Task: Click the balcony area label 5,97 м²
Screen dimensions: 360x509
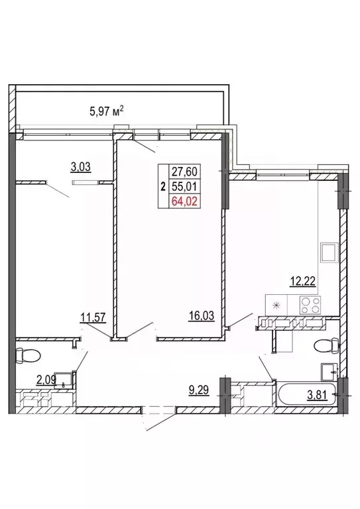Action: pyautogui.click(x=107, y=111)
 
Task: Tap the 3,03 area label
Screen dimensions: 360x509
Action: pyautogui.click(x=80, y=167)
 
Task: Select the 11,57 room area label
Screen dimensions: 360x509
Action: pyautogui.click(x=93, y=317)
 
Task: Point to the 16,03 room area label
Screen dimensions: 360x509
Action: pyautogui.click(x=202, y=315)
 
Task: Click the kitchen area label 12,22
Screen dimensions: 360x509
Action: pyautogui.click(x=302, y=281)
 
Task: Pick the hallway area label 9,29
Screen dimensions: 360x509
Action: pyautogui.click(x=199, y=390)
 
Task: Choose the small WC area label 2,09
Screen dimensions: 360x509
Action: pyautogui.click(x=47, y=379)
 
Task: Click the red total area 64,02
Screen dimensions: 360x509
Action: pyautogui.click(x=184, y=201)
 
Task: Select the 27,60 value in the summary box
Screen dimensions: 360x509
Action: pyautogui.click(x=184, y=171)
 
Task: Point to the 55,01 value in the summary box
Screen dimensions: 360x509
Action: pyautogui.click(x=184, y=186)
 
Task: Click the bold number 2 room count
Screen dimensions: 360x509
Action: pyautogui.click(x=163, y=187)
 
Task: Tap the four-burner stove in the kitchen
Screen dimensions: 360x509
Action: pyautogui.click(x=310, y=306)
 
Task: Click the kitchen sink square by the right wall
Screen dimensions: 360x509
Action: pyautogui.click(x=329, y=253)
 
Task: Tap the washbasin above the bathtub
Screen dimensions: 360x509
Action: pyautogui.click(x=329, y=372)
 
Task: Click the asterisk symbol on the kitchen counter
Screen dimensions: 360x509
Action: pyautogui.click(x=276, y=305)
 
